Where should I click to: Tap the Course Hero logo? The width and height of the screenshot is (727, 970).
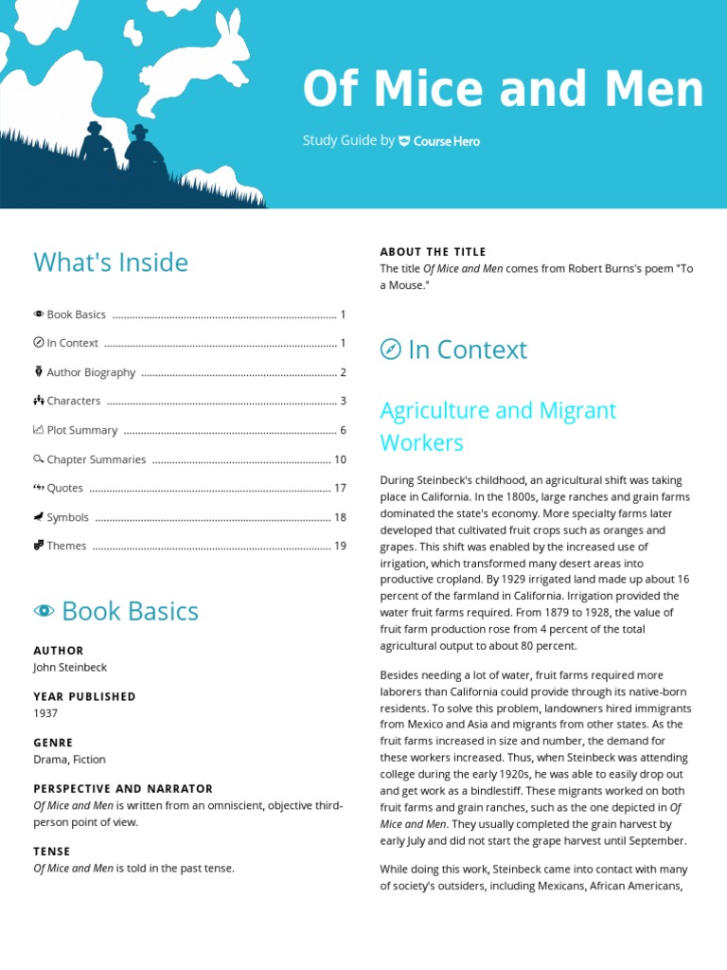tap(439, 141)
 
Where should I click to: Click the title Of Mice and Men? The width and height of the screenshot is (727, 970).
tap(503, 91)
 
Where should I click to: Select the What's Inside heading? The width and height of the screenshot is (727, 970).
tap(111, 262)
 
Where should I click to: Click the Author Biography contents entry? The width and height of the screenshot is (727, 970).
tap(91, 372)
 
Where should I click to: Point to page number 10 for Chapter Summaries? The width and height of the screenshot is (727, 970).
tap(340, 459)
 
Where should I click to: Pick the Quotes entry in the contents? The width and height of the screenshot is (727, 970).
tap(64, 488)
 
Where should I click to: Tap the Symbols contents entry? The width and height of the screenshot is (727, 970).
tap(67, 517)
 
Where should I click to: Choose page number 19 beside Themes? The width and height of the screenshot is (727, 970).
tap(340, 546)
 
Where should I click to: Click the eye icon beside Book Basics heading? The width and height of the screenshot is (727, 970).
tap(44, 611)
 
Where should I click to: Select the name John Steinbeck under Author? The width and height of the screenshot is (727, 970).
tap(70, 667)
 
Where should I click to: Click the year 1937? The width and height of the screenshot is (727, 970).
tap(45, 713)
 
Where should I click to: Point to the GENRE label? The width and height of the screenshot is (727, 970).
tap(53, 743)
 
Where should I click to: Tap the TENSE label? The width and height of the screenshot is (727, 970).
tap(52, 852)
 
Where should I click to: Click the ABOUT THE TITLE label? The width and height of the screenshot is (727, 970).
tap(433, 252)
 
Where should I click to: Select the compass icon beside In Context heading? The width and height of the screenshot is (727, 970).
tap(390, 350)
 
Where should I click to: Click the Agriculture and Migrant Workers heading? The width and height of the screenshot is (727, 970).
tap(498, 426)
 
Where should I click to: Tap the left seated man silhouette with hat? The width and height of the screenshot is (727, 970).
tap(96, 146)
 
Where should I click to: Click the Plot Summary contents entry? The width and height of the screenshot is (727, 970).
tap(81, 430)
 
